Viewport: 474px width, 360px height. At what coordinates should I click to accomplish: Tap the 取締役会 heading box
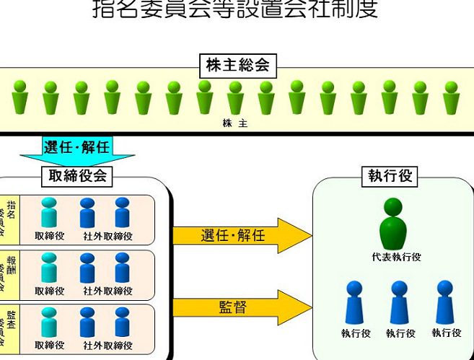tap(77, 175)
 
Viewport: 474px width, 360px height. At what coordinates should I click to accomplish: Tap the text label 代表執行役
tap(392, 257)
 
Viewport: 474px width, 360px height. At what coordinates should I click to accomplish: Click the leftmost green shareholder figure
tap(20, 97)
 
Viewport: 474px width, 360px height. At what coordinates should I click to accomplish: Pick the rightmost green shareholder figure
tap(452, 97)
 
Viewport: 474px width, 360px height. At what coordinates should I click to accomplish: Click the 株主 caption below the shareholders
tap(235, 123)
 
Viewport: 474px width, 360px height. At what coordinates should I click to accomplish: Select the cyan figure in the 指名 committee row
tap(49, 213)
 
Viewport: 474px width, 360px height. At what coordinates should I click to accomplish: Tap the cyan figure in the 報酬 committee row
tap(49, 268)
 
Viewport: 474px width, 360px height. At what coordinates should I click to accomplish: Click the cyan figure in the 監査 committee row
tap(49, 322)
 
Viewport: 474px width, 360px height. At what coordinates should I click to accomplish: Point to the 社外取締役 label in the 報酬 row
tap(107, 291)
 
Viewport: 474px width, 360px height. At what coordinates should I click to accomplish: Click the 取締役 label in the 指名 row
tap(49, 236)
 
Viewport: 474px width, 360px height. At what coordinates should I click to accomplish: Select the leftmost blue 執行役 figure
tap(354, 302)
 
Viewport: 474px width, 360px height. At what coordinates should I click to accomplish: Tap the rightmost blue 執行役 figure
tap(446, 302)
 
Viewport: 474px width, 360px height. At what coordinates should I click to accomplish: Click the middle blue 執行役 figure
tap(400, 302)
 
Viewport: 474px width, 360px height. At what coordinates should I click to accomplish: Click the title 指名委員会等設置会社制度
tap(235, 9)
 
